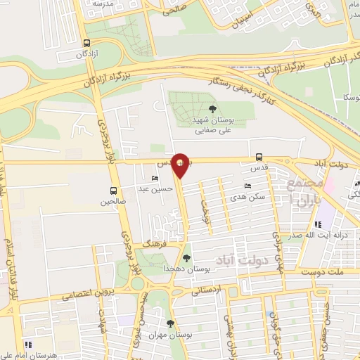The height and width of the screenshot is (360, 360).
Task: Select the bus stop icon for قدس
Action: coord(259,157)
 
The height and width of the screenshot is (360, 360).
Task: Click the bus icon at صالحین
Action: coord(114,191)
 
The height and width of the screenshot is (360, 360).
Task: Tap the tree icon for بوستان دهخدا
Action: coord(186,257)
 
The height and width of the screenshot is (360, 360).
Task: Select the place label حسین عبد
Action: coord(155,189)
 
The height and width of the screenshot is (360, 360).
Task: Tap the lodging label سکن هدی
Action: coord(251,198)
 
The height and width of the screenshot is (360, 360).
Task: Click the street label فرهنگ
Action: coord(153,242)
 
